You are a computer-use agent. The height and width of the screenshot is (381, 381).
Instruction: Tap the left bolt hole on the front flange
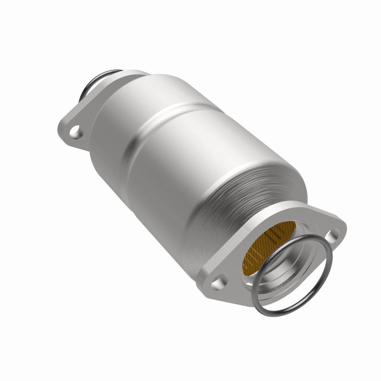coord(217,281)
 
